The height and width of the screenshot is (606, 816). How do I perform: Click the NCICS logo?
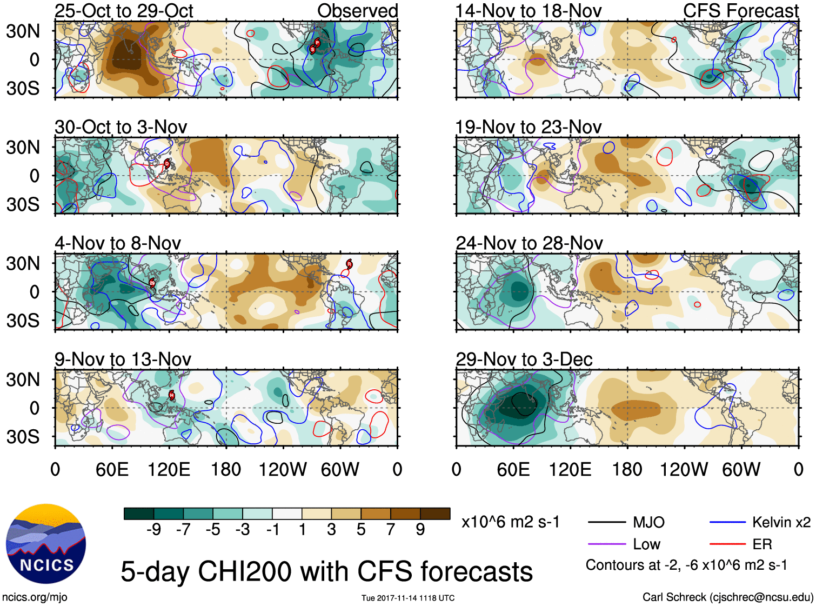(45, 544)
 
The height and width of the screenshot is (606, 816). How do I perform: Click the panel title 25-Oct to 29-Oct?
(124, 11)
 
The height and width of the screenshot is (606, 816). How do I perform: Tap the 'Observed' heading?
(357, 11)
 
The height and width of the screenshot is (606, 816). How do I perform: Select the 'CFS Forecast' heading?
(740, 11)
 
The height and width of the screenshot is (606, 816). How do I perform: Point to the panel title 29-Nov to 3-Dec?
(524, 359)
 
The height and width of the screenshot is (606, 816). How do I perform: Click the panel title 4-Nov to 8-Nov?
(118, 243)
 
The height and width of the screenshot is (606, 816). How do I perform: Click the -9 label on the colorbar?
(153, 530)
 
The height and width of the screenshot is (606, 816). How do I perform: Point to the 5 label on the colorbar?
(361, 530)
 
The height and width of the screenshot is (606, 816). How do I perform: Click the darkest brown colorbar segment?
(435, 514)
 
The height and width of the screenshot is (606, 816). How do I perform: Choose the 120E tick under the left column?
(169, 469)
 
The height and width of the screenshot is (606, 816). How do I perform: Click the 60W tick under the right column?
(741, 469)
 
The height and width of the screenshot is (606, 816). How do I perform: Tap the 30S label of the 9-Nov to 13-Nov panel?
(23, 437)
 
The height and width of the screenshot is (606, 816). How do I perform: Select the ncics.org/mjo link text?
(35, 597)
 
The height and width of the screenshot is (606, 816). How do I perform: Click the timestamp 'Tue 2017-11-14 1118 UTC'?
(408, 598)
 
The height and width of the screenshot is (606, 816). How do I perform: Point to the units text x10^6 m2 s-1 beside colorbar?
(510, 522)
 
